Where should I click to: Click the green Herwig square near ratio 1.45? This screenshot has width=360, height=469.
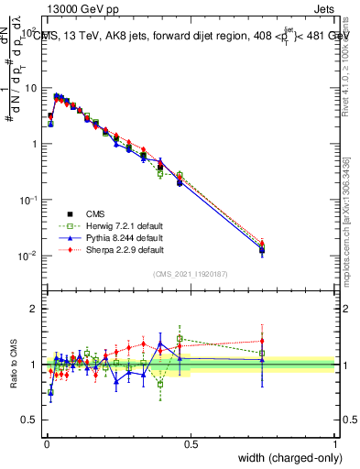click(180, 339)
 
